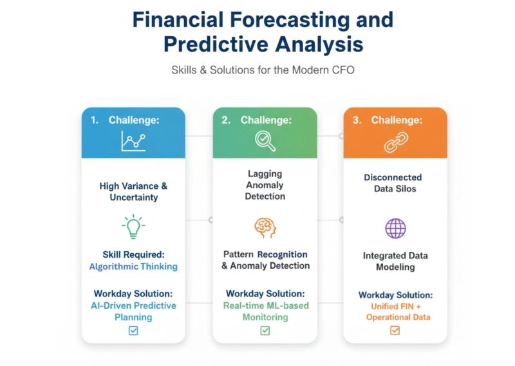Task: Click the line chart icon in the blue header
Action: click(x=133, y=141)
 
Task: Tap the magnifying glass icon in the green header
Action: click(x=265, y=141)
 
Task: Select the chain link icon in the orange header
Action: click(x=396, y=142)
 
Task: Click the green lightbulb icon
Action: click(x=133, y=226)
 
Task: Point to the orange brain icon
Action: click(x=265, y=228)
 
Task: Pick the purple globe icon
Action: click(x=395, y=228)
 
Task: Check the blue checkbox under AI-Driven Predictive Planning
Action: click(x=133, y=330)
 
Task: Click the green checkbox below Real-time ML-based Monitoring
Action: click(x=265, y=330)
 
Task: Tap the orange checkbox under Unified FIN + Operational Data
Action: click(x=395, y=330)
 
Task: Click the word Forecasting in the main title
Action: click(x=290, y=20)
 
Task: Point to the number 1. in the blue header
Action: click(x=95, y=120)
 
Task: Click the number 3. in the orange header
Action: click(x=357, y=120)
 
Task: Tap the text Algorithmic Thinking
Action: click(x=133, y=266)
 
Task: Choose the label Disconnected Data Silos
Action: click(x=393, y=183)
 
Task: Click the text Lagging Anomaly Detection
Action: click(x=265, y=185)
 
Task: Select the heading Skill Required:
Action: click(x=133, y=255)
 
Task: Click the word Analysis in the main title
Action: click(x=319, y=44)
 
